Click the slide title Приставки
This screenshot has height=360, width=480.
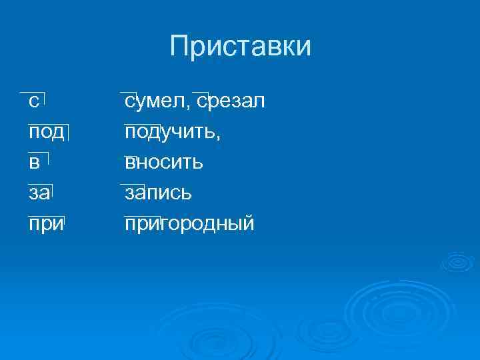click(x=240, y=47)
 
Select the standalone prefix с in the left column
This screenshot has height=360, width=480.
click(x=33, y=102)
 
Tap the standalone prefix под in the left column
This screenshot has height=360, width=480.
click(x=46, y=132)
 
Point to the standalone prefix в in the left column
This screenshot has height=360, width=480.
click(x=34, y=163)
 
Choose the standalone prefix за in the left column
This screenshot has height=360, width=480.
click(x=38, y=193)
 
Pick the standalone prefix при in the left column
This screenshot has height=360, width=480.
click(x=45, y=224)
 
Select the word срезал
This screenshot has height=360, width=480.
click(x=231, y=102)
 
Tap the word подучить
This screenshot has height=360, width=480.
click(x=170, y=132)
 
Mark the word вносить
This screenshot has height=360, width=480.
click(x=164, y=163)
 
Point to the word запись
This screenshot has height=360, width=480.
click(x=159, y=193)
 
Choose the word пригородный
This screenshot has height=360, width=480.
click(x=189, y=224)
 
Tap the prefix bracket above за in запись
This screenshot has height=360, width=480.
click(x=132, y=183)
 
